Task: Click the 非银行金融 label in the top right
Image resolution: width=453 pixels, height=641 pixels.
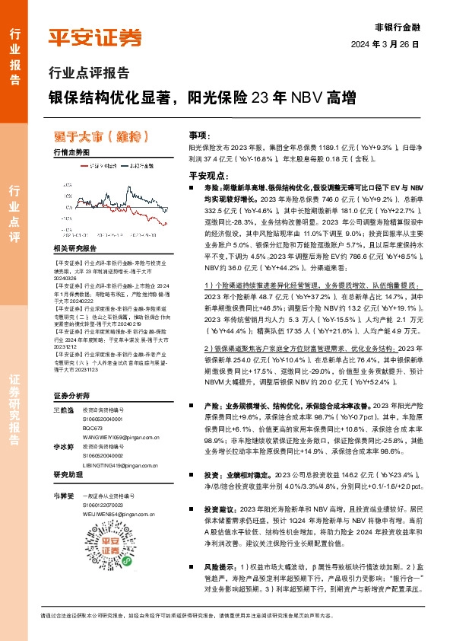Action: [x=401, y=26]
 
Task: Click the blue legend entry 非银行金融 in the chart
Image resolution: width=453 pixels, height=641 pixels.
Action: [x=140, y=164]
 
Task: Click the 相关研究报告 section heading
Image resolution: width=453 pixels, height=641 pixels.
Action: [x=75, y=248]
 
